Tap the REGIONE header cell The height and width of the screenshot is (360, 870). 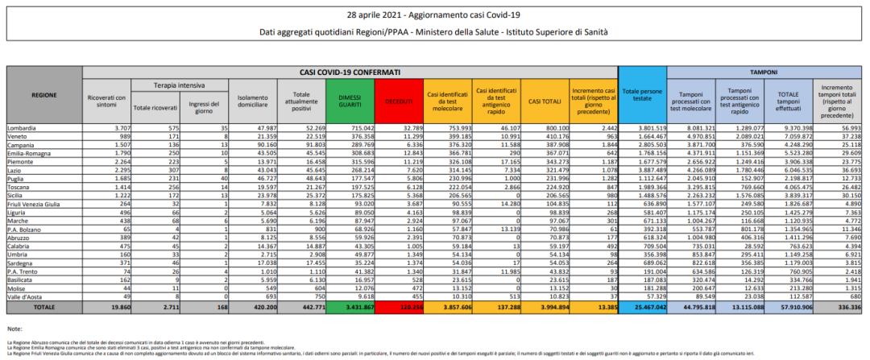[43, 94]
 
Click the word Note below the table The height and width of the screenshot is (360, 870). [14, 329]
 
